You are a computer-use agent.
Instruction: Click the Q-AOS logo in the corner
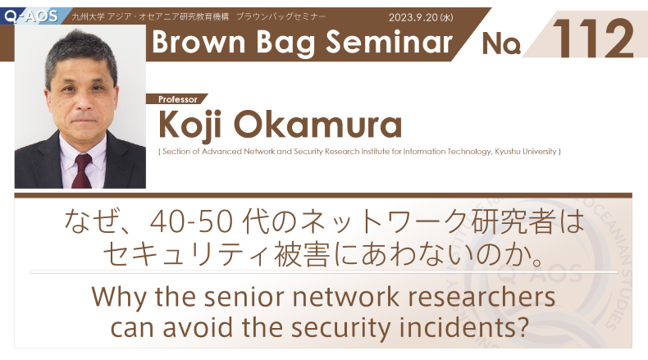31,16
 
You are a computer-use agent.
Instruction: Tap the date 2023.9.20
413,17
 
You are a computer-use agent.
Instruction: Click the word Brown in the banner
199,42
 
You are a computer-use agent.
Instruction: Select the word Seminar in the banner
389,42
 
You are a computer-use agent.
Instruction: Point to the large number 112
593,38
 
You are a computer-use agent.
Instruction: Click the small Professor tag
178,99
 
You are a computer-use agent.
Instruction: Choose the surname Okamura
317,124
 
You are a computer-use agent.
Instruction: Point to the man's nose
84,100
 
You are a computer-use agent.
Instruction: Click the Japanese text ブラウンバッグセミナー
281,16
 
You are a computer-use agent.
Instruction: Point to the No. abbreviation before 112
501,43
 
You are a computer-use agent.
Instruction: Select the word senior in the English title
244,297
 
